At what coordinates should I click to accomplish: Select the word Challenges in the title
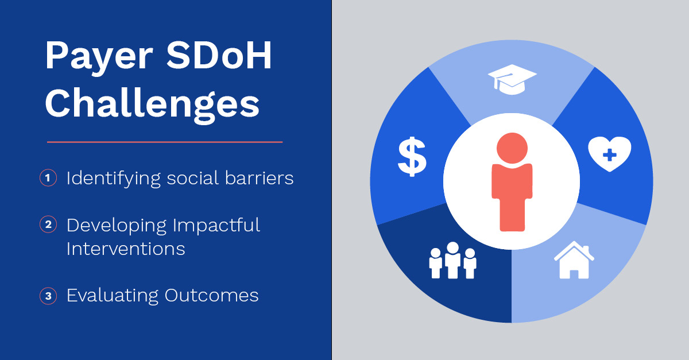pyautogui.click(x=152, y=104)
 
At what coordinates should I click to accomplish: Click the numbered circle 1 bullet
pyautogui.click(x=48, y=179)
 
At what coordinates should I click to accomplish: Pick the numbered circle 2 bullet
pyautogui.click(x=48, y=224)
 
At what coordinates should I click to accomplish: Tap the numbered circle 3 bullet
pyautogui.click(x=48, y=296)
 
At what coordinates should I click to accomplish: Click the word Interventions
pyautogui.click(x=126, y=249)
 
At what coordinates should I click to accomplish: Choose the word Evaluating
pyautogui.click(x=113, y=296)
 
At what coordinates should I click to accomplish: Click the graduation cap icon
pyautogui.click(x=512, y=79)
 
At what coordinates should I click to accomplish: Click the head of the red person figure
pyautogui.click(x=512, y=147)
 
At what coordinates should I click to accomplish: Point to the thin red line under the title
pyautogui.click(x=165, y=141)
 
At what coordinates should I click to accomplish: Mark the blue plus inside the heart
pyautogui.click(x=610, y=154)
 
